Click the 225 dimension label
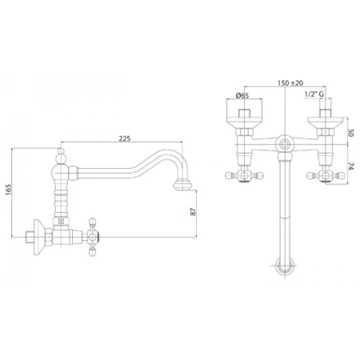(125, 138)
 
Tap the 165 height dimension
(8, 190)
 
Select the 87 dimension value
(194, 211)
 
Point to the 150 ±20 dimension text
(290, 83)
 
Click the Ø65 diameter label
(242, 95)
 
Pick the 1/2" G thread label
(314, 94)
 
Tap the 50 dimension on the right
(351, 133)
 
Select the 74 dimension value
(351, 166)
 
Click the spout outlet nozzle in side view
(182, 185)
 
